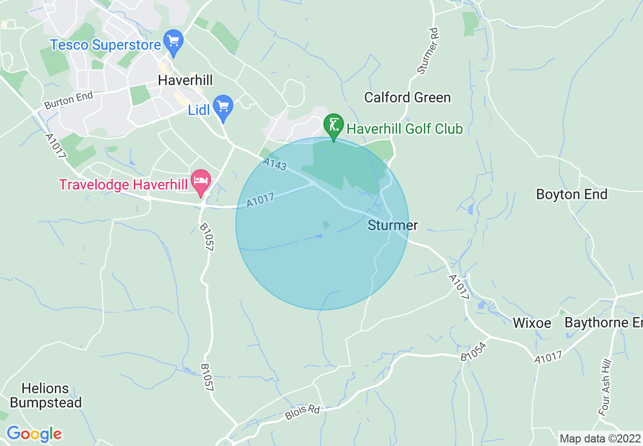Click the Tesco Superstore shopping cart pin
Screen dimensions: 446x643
click(173, 41)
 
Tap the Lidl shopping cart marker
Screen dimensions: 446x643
click(223, 106)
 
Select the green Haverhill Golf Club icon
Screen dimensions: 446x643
click(334, 125)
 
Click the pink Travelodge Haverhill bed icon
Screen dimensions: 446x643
click(201, 180)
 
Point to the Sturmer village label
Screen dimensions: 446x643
click(393, 225)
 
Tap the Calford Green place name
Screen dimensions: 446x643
click(407, 97)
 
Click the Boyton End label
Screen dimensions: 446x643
click(571, 194)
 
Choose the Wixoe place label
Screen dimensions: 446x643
click(531, 323)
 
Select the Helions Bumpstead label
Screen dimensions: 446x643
click(46, 395)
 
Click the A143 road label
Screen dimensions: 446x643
click(275, 164)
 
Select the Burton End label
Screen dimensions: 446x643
click(68, 100)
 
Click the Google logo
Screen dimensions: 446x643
click(34, 434)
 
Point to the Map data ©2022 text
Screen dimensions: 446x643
click(600, 438)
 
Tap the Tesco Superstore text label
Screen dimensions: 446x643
click(105, 45)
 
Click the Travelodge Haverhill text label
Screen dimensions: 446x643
click(123, 184)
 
